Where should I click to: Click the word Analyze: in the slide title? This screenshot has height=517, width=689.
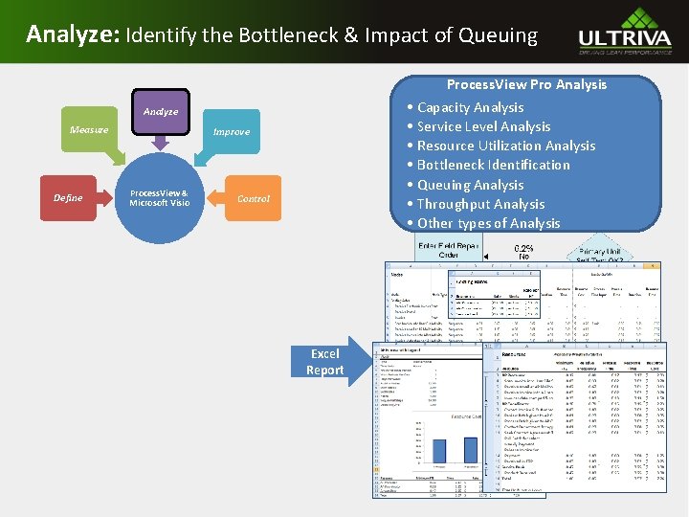click(x=70, y=35)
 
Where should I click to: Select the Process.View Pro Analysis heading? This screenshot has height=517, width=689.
click(x=526, y=84)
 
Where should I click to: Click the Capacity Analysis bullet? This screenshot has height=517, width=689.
click(x=470, y=107)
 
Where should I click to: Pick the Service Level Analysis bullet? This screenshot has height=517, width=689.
click(x=483, y=126)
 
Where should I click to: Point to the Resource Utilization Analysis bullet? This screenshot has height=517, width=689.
click(x=505, y=146)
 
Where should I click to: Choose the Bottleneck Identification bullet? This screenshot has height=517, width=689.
click(x=493, y=165)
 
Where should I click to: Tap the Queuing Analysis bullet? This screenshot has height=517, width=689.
click(x=470, y=185)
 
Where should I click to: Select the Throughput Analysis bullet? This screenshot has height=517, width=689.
click(x=480, y=204)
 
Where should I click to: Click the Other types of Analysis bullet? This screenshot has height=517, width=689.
click(x=488, y=223)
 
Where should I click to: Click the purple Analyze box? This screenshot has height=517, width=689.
click(x=161, y=112)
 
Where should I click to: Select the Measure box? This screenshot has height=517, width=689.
click(x=89, y=129)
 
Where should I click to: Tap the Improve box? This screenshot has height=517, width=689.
click(x=231, y=131)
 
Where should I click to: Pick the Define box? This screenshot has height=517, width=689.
click(x=68, y=198)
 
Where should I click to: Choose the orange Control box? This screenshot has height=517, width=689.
click(x=254, y=198)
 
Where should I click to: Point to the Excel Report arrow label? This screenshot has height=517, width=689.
click(x=324, y=362)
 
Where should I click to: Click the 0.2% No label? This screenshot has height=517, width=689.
click(x=524, y=252)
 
